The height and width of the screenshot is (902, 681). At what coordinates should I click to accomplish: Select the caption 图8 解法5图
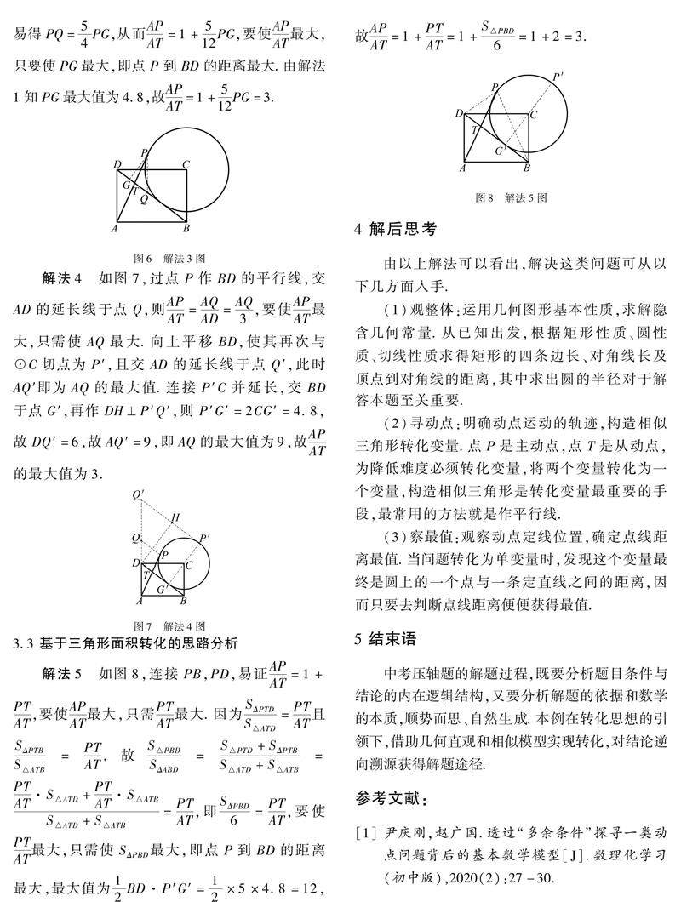[511, 197]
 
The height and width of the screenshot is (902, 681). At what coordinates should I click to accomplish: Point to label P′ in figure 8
[558, 77]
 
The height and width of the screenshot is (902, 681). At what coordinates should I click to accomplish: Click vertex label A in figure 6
[113, 228]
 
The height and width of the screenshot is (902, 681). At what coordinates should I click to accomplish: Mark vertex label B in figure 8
[528, 168]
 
